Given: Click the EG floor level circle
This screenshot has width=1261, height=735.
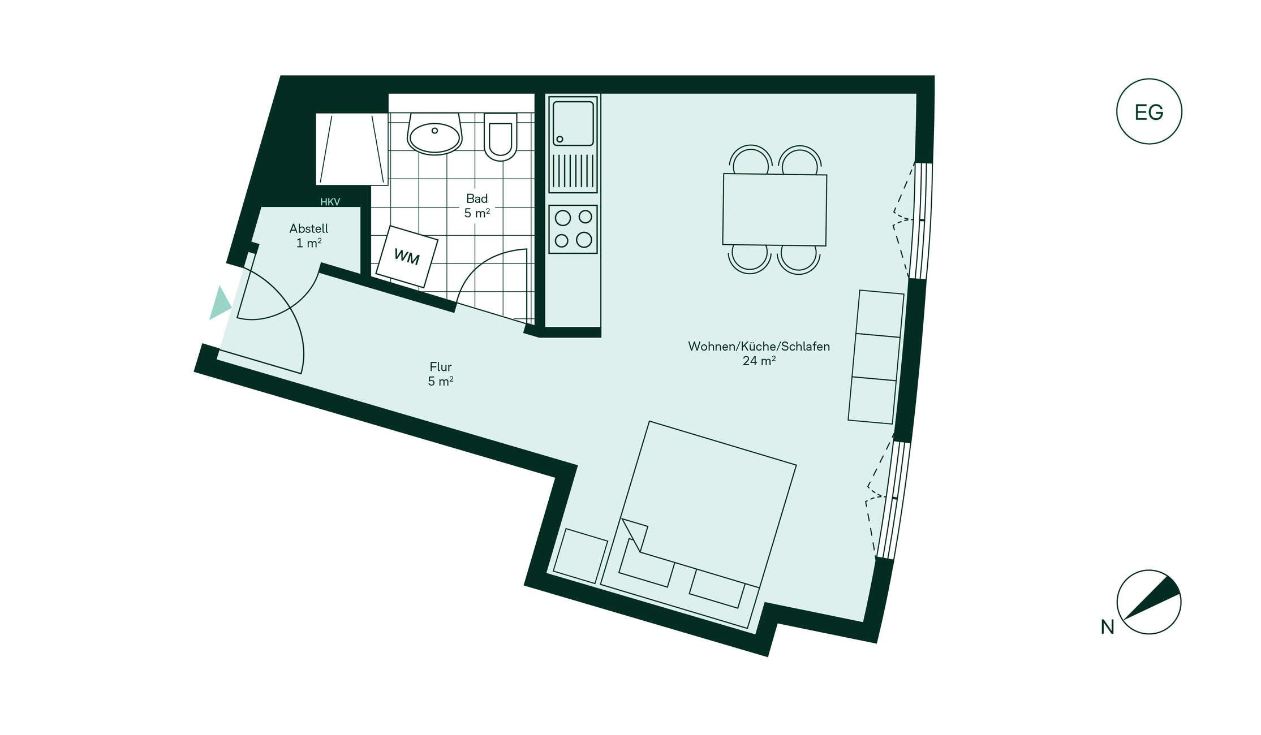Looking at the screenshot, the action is (1149, 111).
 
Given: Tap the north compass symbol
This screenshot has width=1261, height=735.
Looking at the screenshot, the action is (1149, 602).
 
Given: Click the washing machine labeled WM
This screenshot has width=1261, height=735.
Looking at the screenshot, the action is (407, 257).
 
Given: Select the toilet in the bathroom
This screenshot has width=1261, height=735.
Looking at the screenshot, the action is (501, 136).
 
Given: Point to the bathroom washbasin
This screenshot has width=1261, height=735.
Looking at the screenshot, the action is (434, 134).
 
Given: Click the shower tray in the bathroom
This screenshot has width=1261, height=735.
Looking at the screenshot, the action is (352, 149).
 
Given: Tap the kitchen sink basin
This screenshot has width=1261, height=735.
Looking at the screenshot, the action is (573, 122).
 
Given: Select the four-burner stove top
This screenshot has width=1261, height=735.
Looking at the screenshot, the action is (573, 229).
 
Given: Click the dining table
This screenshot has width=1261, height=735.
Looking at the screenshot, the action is (774, 210).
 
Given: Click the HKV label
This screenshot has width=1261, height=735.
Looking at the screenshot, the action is (330, 202).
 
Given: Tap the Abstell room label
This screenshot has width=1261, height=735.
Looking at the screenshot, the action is (309, 236).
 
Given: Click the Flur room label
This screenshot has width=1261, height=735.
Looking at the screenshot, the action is (441, 374).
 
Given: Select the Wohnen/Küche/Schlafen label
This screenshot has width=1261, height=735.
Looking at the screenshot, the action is (759, 353).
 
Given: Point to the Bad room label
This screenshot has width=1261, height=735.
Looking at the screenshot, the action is (477, 206).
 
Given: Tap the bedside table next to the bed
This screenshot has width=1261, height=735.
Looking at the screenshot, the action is (580, 556).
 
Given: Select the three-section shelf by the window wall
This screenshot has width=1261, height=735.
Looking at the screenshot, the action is (876, 357).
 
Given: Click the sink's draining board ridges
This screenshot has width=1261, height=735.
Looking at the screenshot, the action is (573, 171).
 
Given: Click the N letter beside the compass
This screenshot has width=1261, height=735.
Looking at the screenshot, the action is (1107, 627).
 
